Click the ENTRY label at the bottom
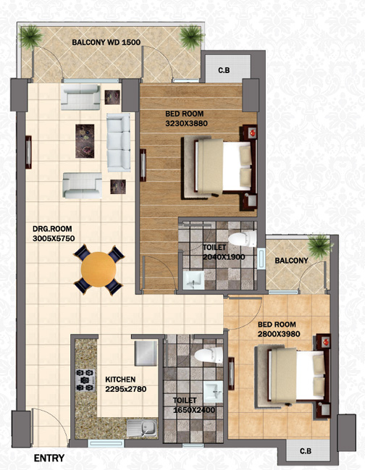pos(49,458)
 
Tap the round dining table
pos(98,269)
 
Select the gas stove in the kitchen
pos(85,380)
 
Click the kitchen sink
pos(142,428)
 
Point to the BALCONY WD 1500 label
pos(106,42)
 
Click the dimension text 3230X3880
pos(186,124)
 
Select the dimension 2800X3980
pos(279,334)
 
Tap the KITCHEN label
pos(120,379)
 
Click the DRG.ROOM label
pos(52,229)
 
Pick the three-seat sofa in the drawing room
pos(119,143)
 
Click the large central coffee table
pos(85,141)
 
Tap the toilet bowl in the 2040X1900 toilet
pos(242,239)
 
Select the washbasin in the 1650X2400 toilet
pos(214,392)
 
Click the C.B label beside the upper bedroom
pos(224,70)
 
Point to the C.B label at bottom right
pos(306,451)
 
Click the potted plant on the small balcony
pos(320,247)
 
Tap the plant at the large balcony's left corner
pos(30,36)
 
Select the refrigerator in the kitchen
pos(146,353)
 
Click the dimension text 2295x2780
pos(126,389)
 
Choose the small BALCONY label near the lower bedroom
pos(291,261)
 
